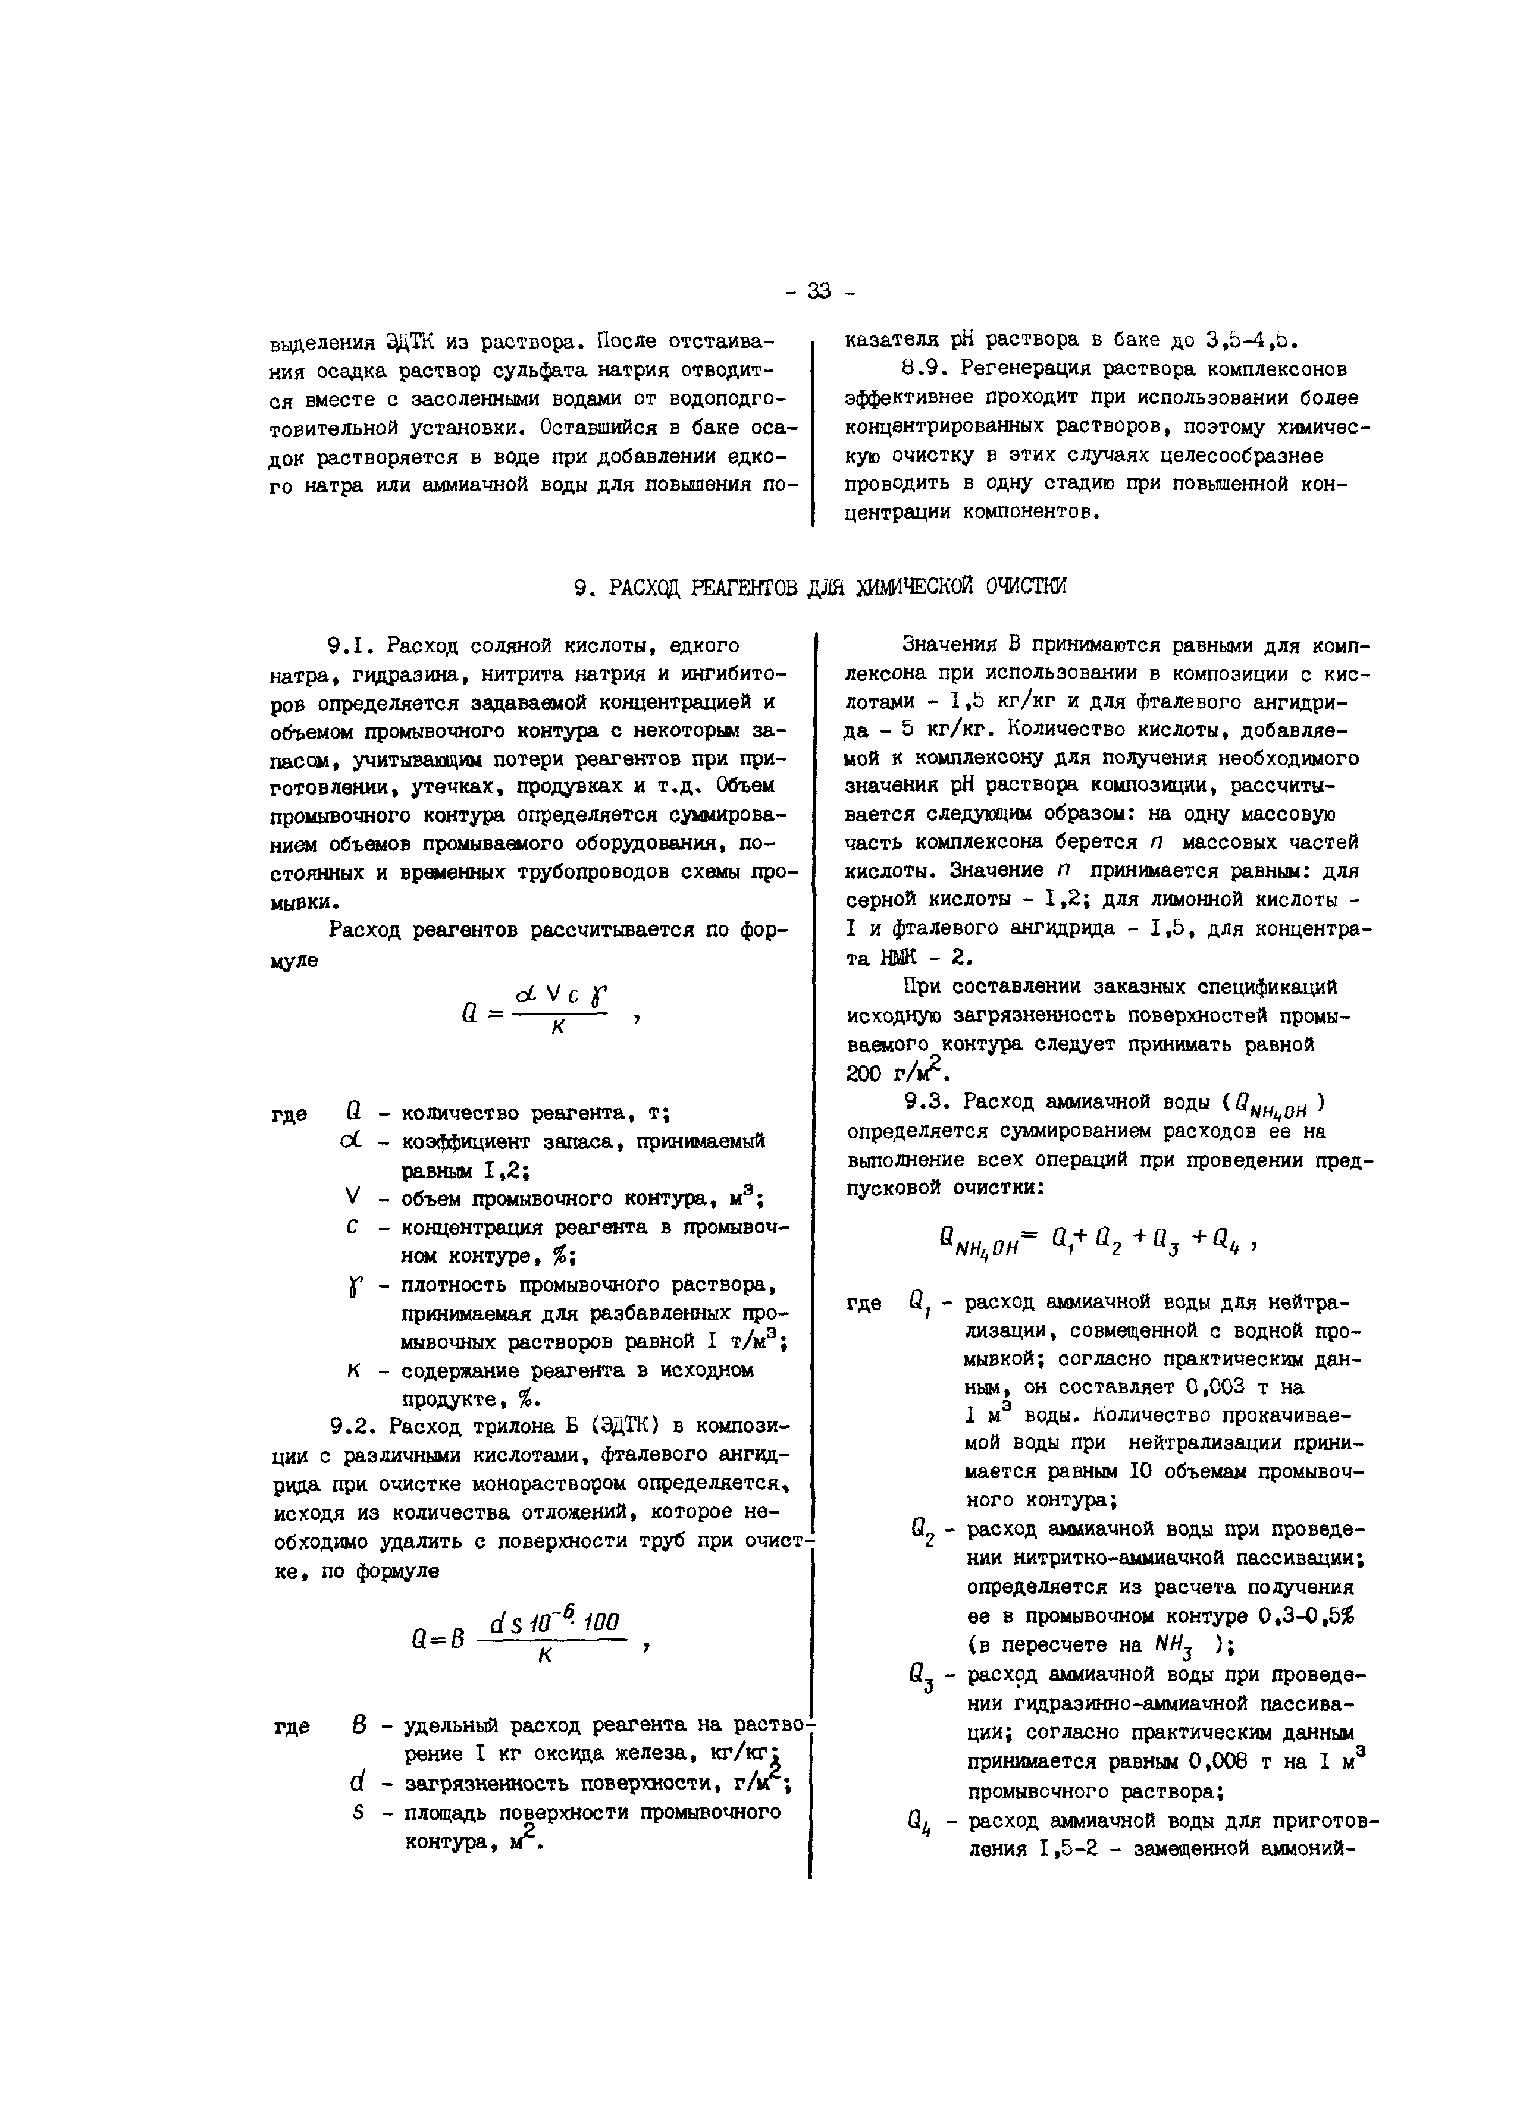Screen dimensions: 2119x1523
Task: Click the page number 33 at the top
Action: [819, 291]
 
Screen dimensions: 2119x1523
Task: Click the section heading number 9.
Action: [582, 587]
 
